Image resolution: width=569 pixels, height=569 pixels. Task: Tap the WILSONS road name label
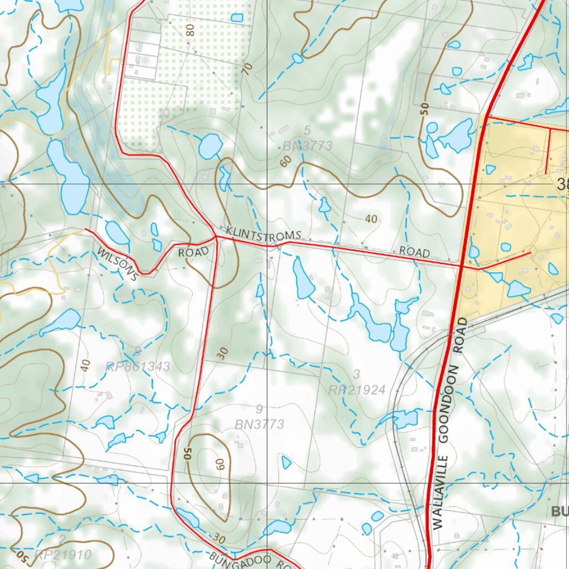(x=117, y=264)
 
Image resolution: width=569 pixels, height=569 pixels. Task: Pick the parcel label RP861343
(x=138, y=366)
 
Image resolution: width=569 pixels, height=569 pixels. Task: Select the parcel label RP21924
(x=357, y=390)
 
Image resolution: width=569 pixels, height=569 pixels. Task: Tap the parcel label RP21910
(x=62, y=554)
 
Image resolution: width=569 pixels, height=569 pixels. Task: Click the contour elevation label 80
(x=191, y=30)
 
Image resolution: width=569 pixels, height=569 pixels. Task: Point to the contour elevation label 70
(x=247, y=69)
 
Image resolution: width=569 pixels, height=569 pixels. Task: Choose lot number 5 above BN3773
(x=307, y=131)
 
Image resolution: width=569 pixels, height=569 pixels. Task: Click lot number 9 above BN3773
(x=259, y=410)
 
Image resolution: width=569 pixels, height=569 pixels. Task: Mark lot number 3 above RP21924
(x=357, y=374)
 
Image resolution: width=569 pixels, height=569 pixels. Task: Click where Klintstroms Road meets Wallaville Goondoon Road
(x=462, y=266)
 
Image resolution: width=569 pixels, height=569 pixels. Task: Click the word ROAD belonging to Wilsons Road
(x=193, y=252)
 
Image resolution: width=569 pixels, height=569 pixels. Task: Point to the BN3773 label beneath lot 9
(x=259, y=425)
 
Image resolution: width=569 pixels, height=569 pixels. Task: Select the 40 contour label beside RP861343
(x=85, y=365)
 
